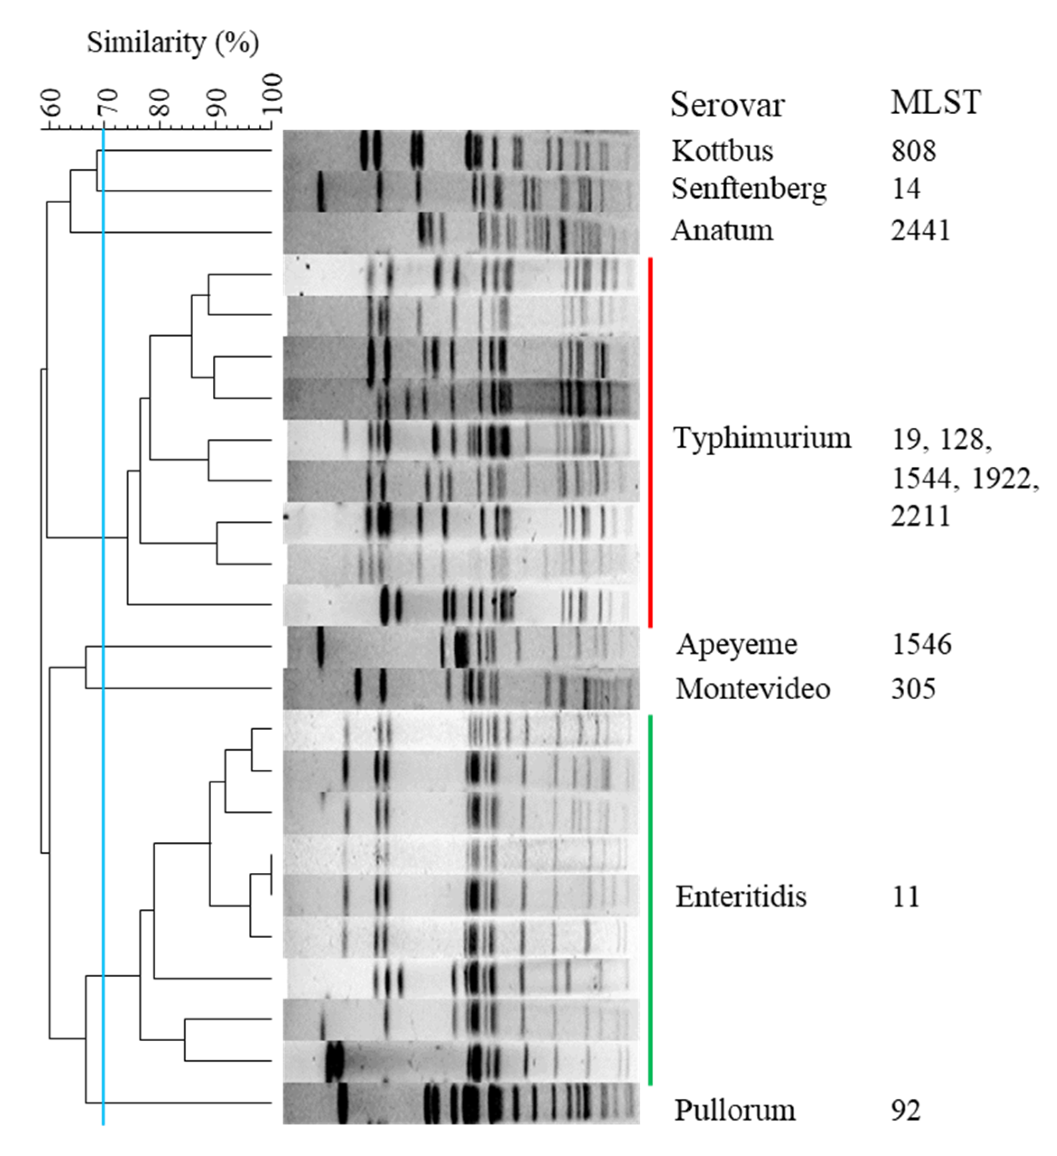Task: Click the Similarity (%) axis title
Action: (x=172, y=42)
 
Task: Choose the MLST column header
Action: (x=935, y=103)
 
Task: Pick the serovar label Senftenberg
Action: (x=749, y=189)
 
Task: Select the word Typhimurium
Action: (x=762, y=438)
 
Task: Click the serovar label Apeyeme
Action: (x=736, y=645)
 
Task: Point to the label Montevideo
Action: (x=752, y=688)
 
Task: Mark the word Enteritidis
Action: (x=740, y=897)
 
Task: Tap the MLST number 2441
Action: (x=921, y=230)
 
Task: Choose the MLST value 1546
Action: (x=921, y=645)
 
